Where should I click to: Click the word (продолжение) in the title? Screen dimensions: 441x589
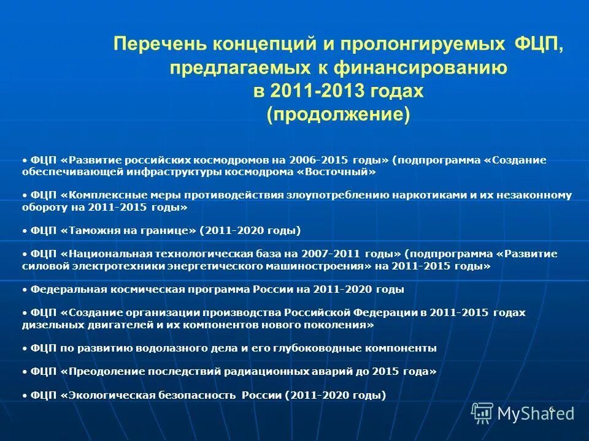(338, 115)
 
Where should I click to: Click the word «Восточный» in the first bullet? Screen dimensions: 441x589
(336, 173)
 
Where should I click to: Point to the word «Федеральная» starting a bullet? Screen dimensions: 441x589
(61, 289)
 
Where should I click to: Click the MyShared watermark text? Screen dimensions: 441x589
(535, 413)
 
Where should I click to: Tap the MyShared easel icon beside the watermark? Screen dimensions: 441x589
(482, 413)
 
